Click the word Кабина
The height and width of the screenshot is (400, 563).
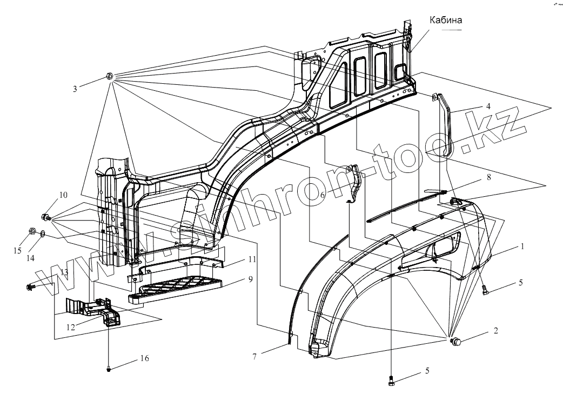(446, 21)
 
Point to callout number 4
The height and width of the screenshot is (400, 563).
(488, 106)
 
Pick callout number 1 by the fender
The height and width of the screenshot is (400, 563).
(522, 246)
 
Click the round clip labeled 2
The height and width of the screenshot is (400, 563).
(455, 341)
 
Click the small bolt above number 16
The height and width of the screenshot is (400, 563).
(109, 369)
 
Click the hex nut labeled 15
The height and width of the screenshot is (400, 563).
(32, 232)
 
